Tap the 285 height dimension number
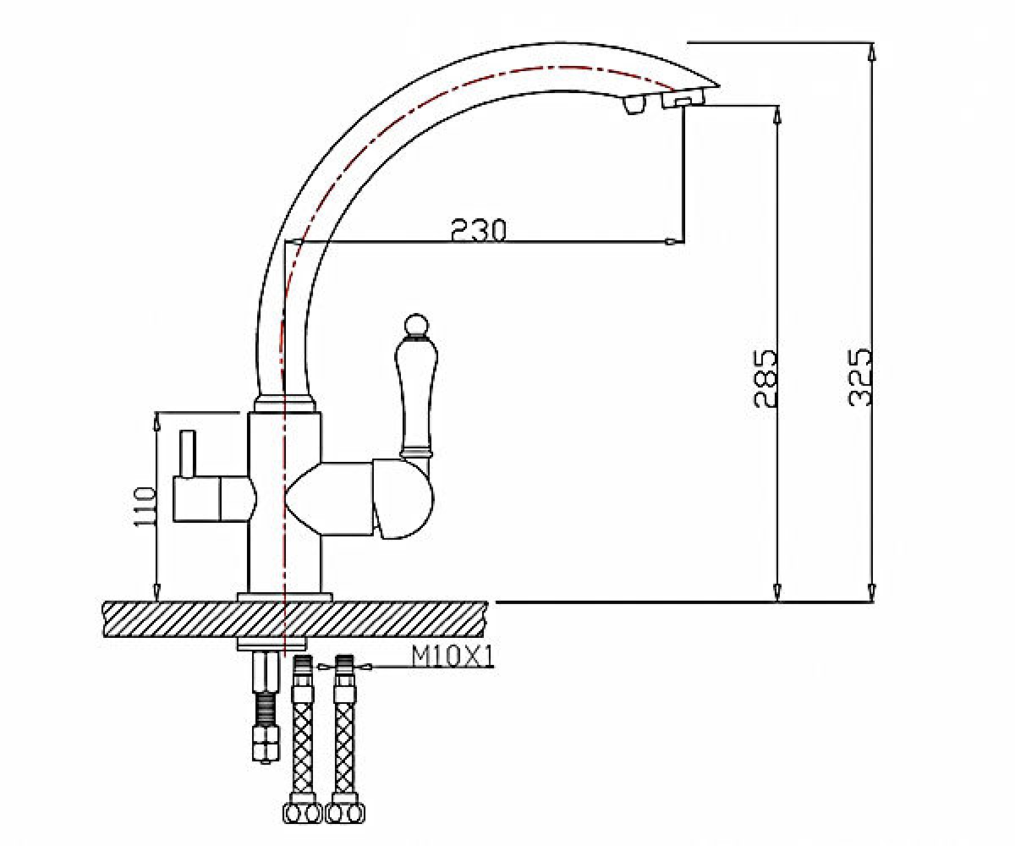tap(765, 378)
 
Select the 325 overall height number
tap(860, 376)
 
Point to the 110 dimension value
tap(145, 506)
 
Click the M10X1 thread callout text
tap(453, 658)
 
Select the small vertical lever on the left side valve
tap(188, 454)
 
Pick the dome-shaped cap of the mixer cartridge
tap(403, 500)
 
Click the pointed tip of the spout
tap(717, 86)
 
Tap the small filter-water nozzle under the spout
tap(634, 105)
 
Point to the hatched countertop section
tap(295, 619)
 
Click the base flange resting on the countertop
tap(284, 597)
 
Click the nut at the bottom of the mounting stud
tap(266, 744)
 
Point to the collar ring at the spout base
tap(285, 404)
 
